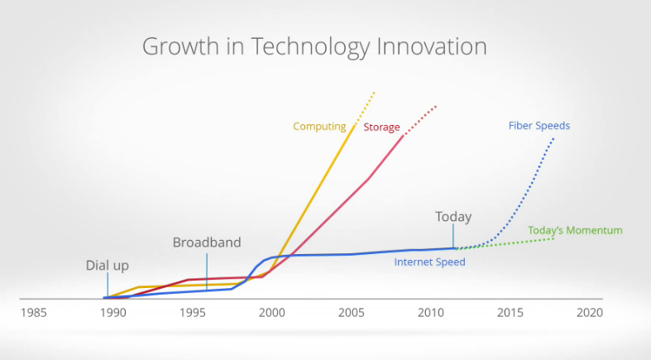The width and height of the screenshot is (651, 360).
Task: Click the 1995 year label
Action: (x=192, y=313)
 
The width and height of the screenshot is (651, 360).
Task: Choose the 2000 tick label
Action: (x=271, y=313)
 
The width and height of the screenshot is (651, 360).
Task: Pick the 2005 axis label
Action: (x=351, y=313)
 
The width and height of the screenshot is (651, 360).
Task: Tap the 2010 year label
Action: (x=430, y=313)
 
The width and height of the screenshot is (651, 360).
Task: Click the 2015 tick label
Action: (x=510, y=313)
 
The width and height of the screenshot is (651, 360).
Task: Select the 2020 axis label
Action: (x=589, y=313)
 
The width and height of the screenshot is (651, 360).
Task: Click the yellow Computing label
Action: (x=319, y=127)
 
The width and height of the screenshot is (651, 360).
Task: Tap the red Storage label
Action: (x=381, y=127)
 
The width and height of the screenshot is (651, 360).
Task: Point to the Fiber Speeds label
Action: (x=539, y=126)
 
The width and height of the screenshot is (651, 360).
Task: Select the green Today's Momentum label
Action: (x=575, y=230)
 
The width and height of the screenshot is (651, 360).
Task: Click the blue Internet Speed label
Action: (x=429, y=262)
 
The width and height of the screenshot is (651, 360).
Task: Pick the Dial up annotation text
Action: (x=108, y=266)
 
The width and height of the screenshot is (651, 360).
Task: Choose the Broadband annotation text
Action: (x=207, y=242)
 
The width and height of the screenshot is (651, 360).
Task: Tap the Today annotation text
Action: (x=453, y=217)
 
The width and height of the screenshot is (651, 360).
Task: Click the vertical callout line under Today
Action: (x=453, y=237)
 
